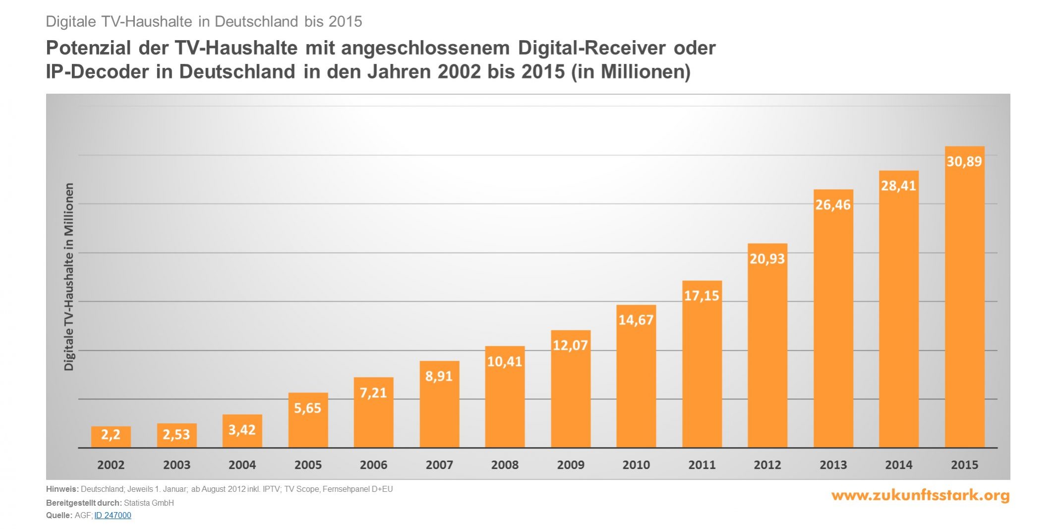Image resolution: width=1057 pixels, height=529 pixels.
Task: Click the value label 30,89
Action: (964, 161)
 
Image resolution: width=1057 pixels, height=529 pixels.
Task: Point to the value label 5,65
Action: (307, 408)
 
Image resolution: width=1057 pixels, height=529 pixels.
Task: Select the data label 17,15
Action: (702, 296)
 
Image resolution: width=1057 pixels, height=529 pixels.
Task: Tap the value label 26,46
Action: (833, 204)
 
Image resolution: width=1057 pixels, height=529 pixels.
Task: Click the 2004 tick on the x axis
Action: (242, 465)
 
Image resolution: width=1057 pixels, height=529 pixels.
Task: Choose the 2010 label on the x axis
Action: (636, 465)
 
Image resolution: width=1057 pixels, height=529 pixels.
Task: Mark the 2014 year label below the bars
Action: (899, 465)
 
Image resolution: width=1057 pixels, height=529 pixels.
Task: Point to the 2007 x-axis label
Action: (439, 465)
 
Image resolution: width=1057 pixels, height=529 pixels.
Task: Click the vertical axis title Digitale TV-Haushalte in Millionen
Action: (69, 276)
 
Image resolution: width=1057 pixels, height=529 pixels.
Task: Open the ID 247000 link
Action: (113, 515)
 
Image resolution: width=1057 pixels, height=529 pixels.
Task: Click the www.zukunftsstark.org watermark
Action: (920, 495)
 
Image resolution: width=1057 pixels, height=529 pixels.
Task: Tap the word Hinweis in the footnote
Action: (62, 489)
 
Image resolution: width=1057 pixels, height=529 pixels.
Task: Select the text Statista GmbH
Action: (149, 503)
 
